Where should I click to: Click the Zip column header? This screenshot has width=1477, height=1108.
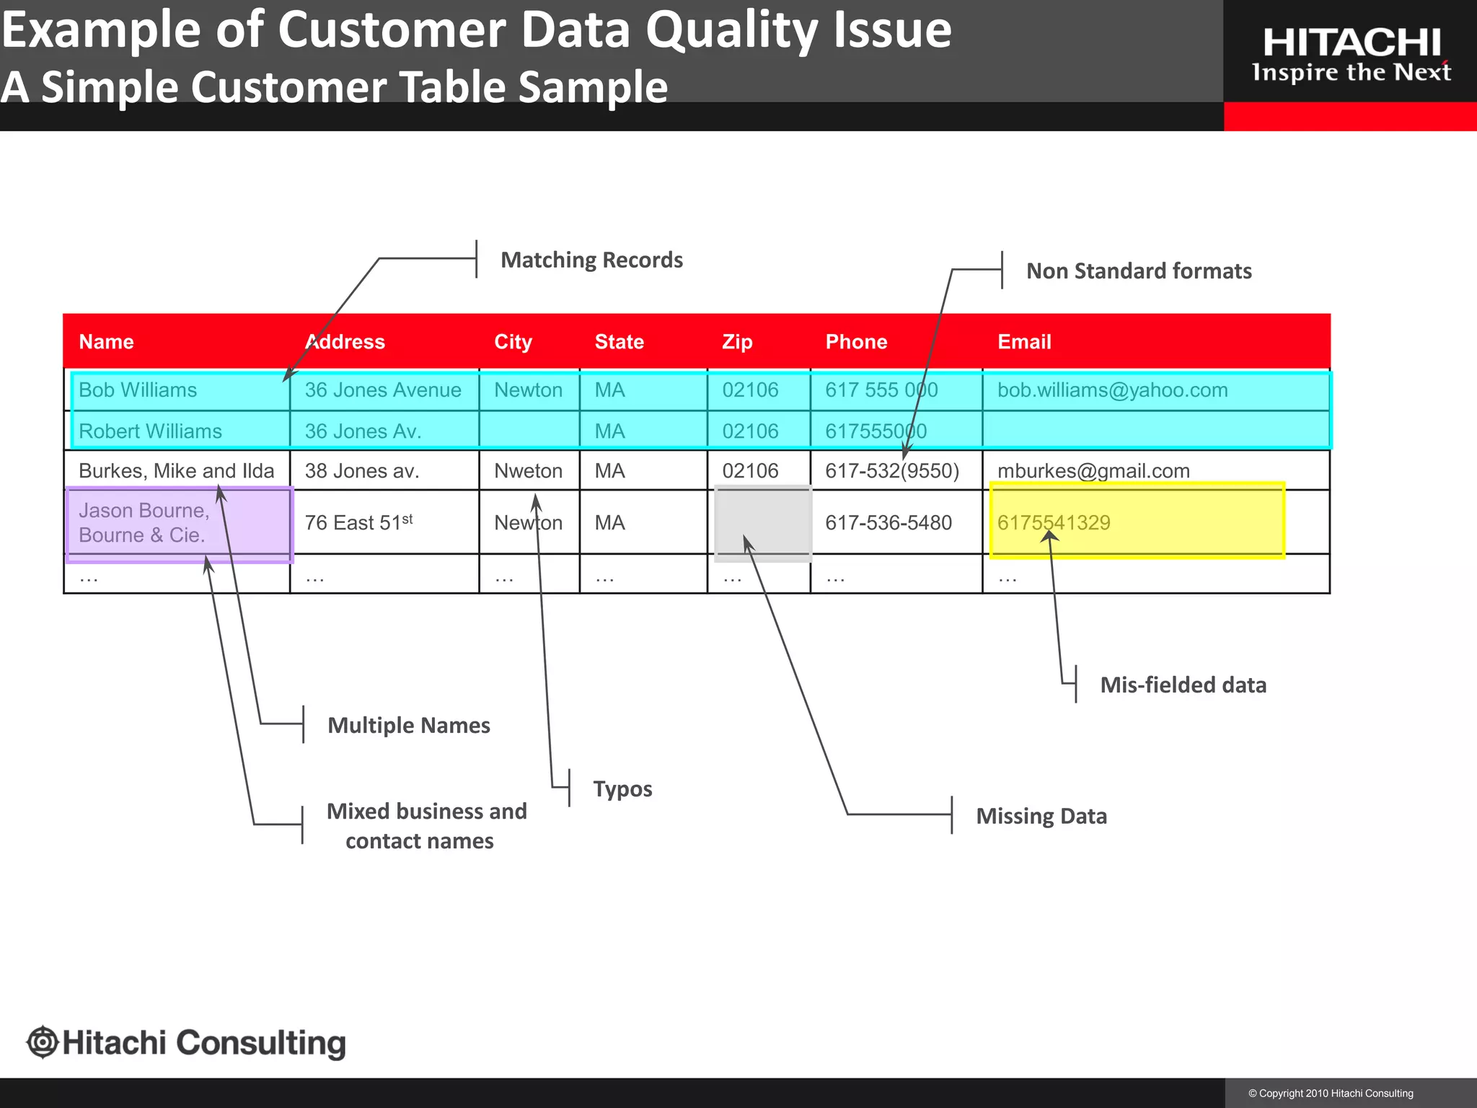point(737,342)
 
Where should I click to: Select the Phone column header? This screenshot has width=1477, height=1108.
point(856,342)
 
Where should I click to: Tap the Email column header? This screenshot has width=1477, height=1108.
point(1024,342)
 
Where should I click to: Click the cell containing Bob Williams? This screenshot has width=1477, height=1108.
point(138,390)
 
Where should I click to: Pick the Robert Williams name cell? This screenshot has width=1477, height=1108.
point(150,431)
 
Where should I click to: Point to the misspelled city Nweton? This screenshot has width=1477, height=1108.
point(528,471)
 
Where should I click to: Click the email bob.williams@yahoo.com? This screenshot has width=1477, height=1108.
point(1112,390)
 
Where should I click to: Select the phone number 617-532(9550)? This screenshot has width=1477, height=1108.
point(892,471)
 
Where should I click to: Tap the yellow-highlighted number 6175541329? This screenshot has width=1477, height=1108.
point(1054,523)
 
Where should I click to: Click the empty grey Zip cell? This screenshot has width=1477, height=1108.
point(762,523)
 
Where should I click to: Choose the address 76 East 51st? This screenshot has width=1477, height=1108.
point(358,523)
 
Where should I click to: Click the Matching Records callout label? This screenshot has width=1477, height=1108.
point(591,260)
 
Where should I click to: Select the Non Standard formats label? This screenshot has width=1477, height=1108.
point(1139,271)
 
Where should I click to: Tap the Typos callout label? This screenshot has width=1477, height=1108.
point(622,789)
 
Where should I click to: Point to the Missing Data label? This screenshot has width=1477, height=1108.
point(1041,817)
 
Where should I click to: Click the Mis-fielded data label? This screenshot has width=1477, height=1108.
point(1183,685)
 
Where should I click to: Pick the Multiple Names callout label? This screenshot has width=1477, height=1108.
point(409,726)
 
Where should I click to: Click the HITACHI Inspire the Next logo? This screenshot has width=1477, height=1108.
point(1351,55)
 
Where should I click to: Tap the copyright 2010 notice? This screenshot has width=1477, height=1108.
point(1331,1094)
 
